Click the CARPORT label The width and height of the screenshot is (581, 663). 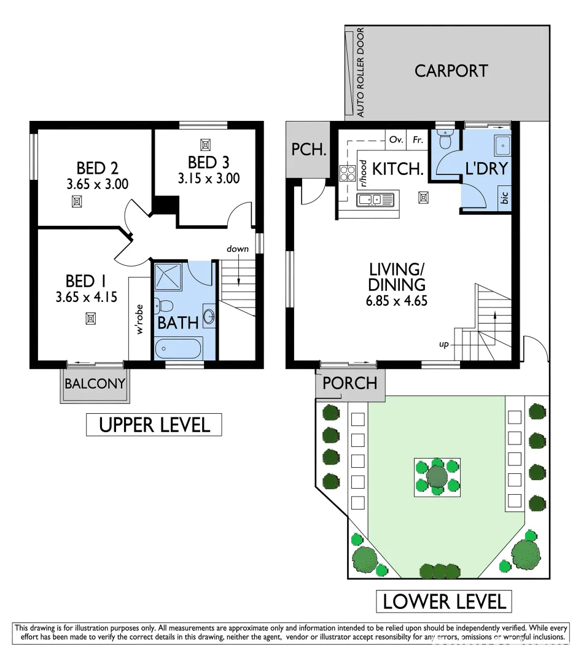(451, 71)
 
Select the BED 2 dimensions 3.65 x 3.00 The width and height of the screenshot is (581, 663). (98, 183)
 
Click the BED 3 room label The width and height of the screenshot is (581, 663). (208, 163)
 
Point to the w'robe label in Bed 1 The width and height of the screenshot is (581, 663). (140, 319)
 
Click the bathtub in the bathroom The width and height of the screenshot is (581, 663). (178, 349)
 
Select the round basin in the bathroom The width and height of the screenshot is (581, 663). (209, 317)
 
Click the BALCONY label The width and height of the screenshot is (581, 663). (95, 384)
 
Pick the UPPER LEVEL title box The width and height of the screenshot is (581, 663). (154, 424)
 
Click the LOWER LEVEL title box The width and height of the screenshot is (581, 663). (444, 601)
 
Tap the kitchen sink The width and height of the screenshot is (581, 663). (376, 199)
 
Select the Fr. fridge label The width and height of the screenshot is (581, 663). (418, 140)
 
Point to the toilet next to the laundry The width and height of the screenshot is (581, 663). (445, 139)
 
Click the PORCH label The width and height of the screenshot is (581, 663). (349, 383)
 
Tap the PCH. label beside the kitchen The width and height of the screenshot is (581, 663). (308, 149)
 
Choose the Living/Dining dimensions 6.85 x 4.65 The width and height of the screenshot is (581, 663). (397, 301)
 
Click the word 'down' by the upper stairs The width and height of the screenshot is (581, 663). (238, 249)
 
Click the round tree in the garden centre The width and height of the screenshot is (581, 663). (437, 475)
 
